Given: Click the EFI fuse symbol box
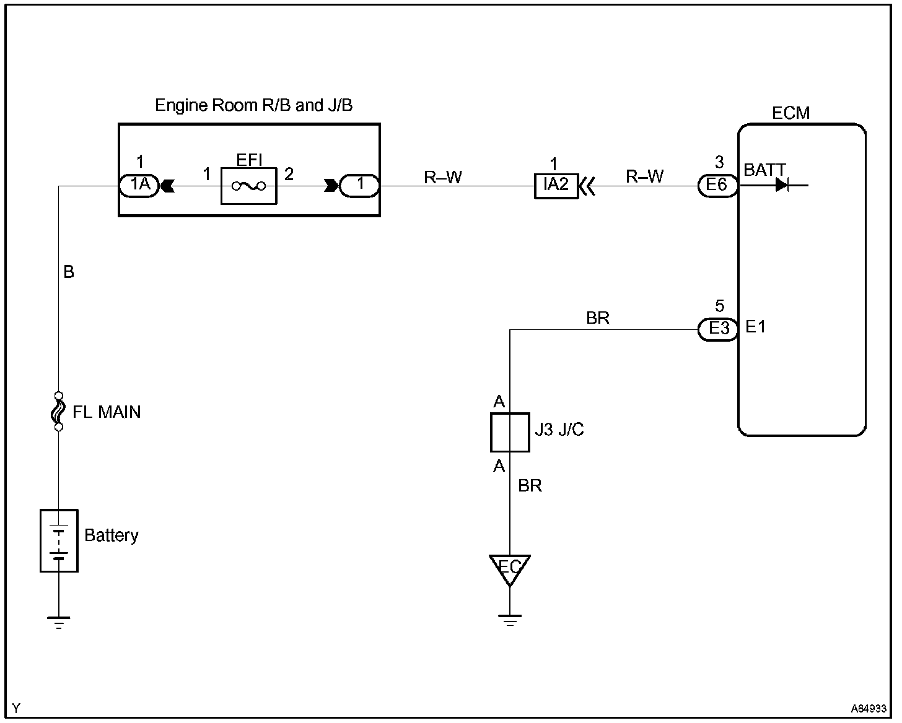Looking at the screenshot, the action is coord(249,186).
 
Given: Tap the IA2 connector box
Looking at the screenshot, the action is coord(556,186).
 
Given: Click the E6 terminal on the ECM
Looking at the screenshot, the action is coord(717,186).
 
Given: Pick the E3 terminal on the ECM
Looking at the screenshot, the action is coord(717,329).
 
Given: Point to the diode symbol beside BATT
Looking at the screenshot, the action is coord(782,185).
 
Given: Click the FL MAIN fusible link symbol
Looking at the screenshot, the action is coord(59,412).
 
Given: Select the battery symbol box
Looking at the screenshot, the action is coord(59,540).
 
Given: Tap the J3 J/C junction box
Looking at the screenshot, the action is coord(510,432).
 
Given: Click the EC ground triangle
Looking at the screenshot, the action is coord(510,569).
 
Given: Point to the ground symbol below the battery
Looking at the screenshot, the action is coord(59,623).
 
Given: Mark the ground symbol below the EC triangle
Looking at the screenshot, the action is coord(510,620).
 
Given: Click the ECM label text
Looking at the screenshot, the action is coord(790,113).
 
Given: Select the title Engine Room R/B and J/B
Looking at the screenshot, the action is coord(253,105).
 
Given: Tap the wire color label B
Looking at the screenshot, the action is coord(69,272).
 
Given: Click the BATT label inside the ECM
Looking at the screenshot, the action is coord(764,170).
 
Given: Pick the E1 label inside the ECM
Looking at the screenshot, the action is coord(755,327).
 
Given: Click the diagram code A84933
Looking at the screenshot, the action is coord(869,708).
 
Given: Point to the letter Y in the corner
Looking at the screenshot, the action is coord(16,708).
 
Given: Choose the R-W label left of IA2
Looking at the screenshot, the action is coord(442,177).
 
